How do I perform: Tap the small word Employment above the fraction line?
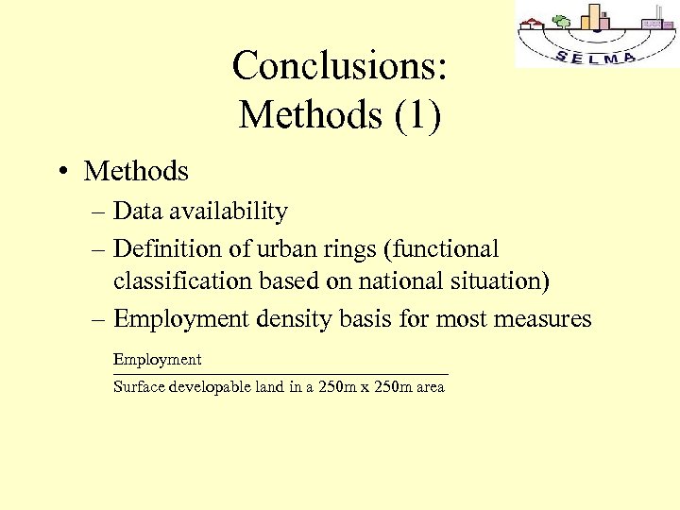tap(157, 359)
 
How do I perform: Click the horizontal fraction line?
tap(280, 375)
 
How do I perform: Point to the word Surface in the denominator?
tap(138, 386)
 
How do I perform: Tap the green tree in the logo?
tap(561, 21)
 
